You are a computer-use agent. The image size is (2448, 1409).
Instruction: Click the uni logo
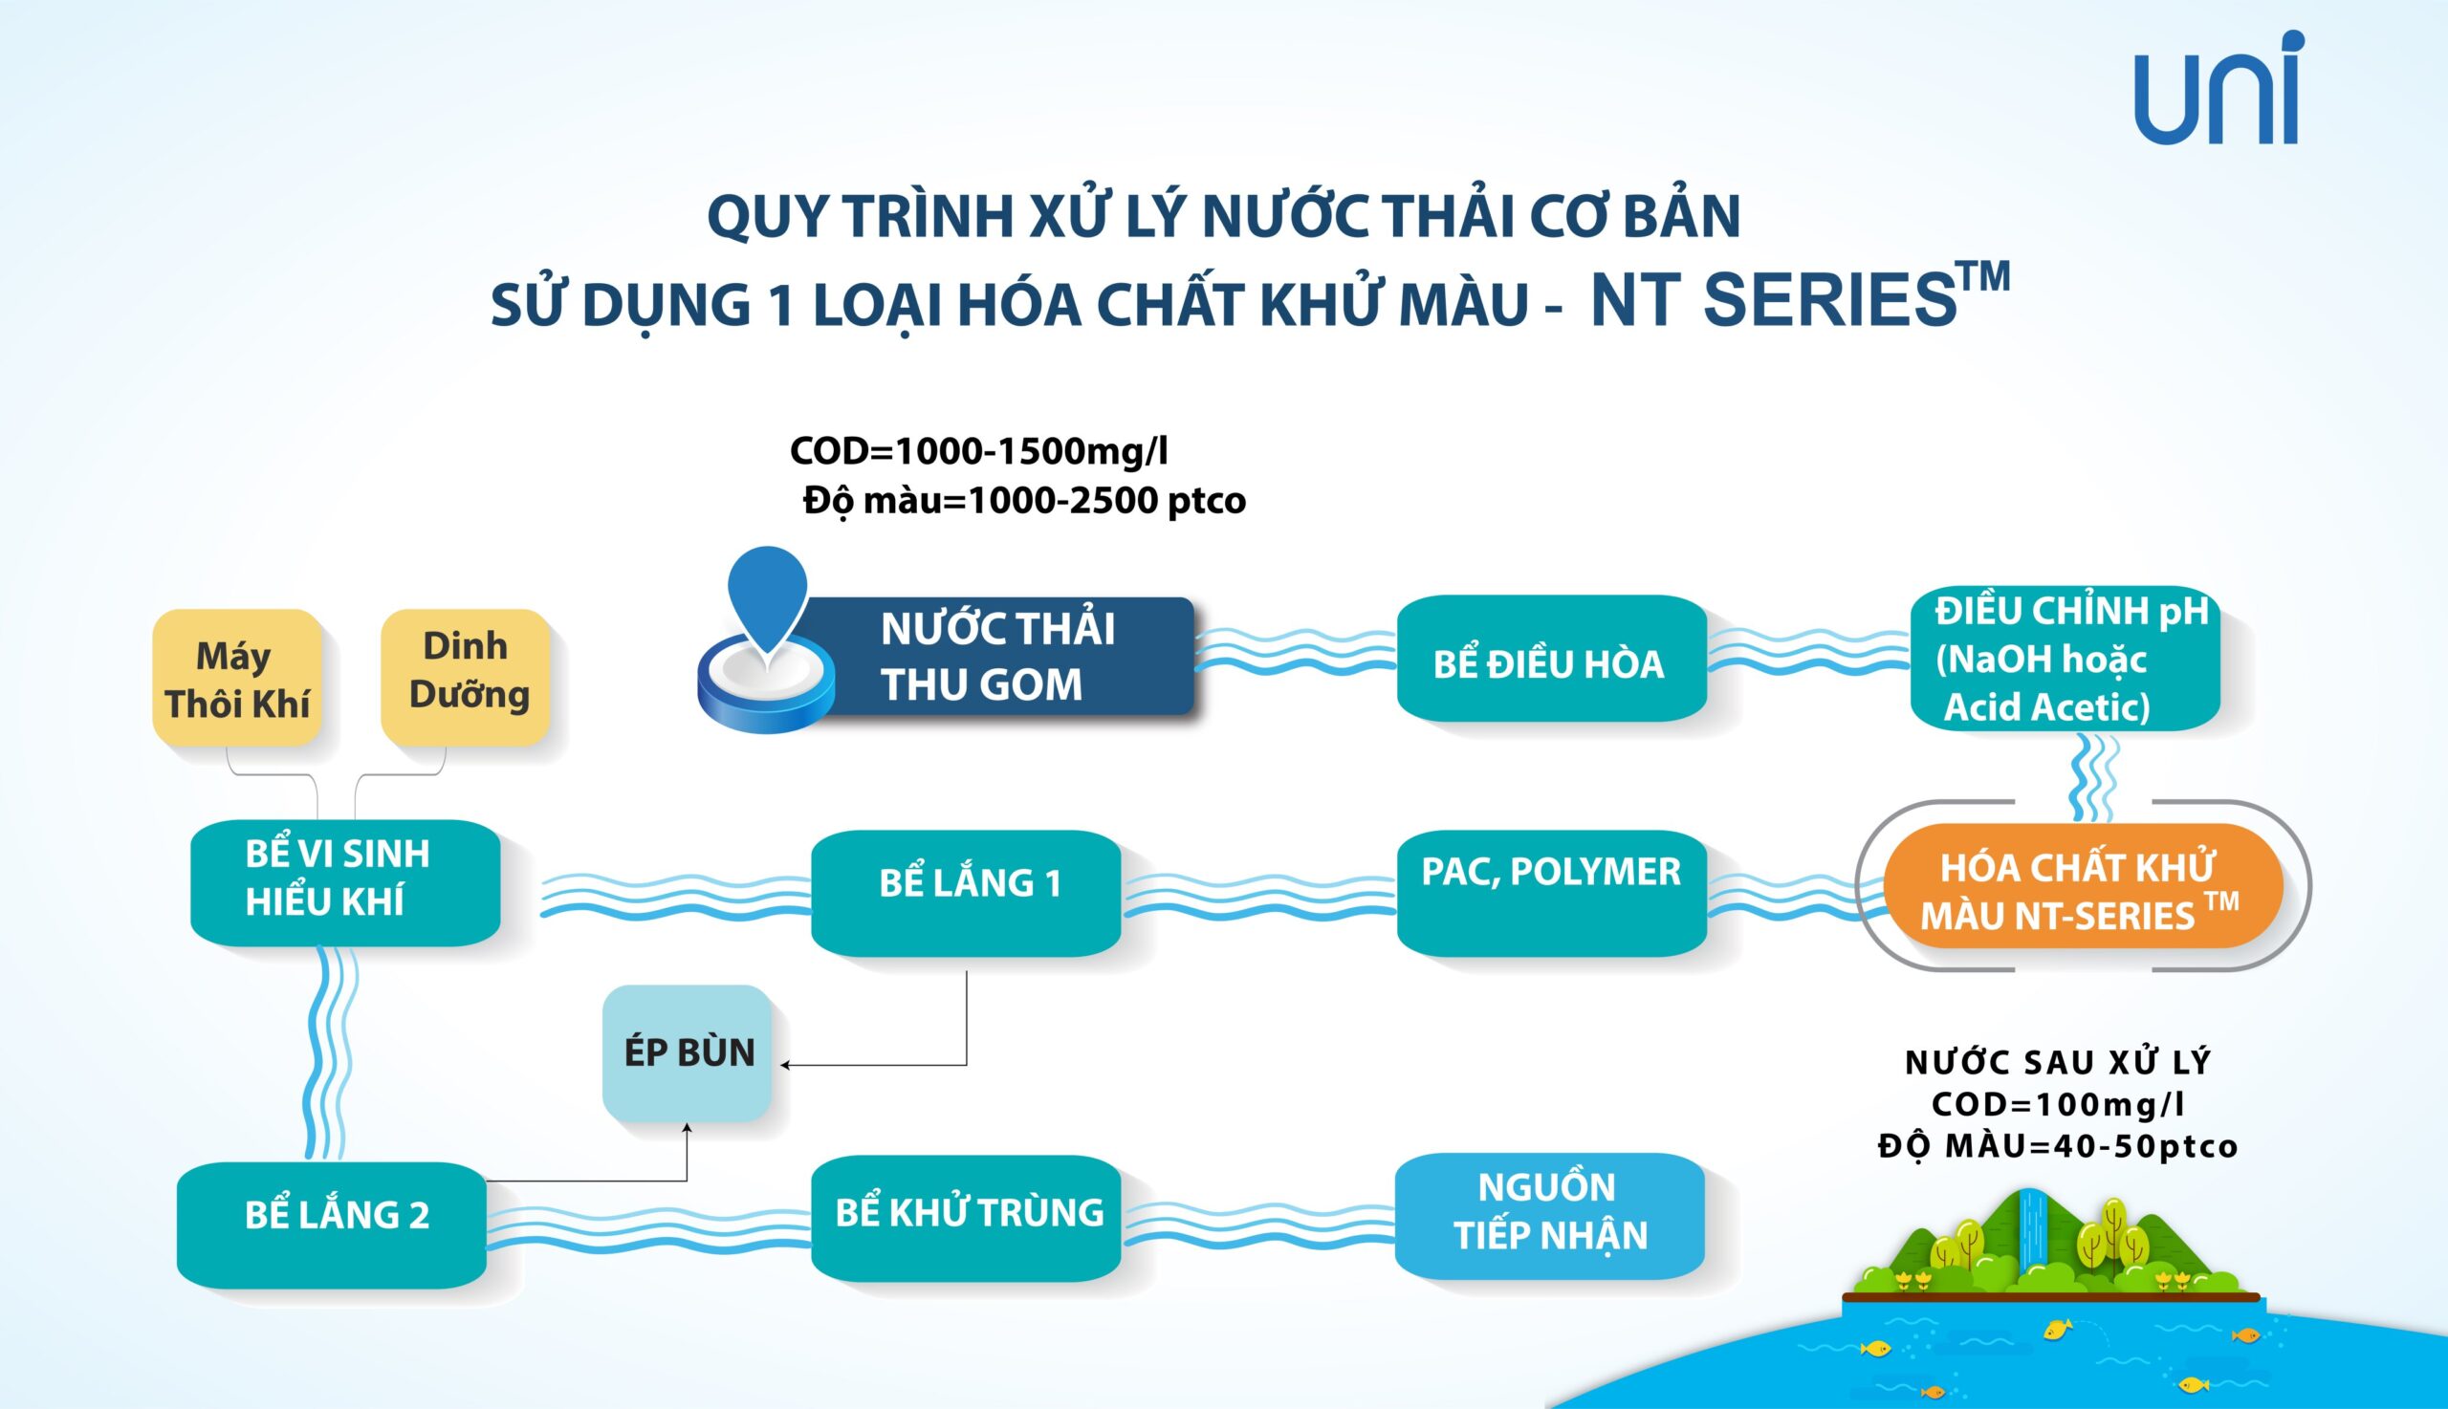tap(2218, 88)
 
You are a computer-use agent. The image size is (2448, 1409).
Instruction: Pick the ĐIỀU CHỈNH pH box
tap(2065, 658)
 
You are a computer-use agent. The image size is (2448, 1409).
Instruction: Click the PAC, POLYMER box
tap(1552, 892)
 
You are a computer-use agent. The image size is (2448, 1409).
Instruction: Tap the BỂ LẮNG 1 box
tap(966, 892)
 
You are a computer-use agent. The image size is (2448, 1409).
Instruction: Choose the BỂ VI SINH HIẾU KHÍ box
tap(345, 882)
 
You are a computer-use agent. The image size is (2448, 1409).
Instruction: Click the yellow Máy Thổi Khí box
tap(237, 678)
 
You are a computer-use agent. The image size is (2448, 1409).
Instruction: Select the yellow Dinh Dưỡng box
tap(466, 678)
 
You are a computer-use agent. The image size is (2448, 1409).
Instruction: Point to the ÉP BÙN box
tap(688, 1052)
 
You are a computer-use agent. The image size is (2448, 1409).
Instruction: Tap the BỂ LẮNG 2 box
tap(332, 1225)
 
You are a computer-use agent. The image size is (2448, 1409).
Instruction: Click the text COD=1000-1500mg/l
tap(979, 451)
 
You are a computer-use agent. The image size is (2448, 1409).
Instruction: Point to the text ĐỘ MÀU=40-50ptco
tap(2058, 1146)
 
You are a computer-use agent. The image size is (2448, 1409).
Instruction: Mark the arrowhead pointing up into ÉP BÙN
tap(688, 1128)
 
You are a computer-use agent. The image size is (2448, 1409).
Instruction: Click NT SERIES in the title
tap(1770, 300)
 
